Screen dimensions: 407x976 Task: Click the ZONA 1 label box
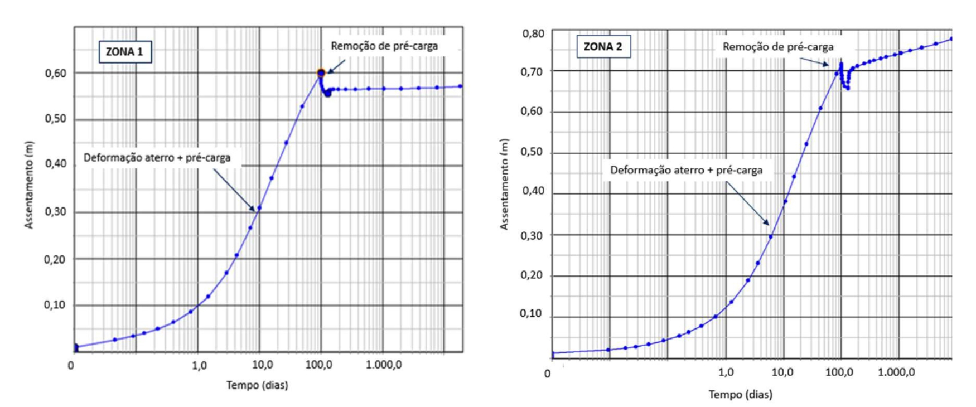tap(125, 52)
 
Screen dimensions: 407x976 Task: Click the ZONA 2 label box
tap(603, 47)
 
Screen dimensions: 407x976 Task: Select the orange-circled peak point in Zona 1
tap(321, 72)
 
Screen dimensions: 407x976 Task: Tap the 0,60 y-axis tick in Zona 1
tap(55, 73)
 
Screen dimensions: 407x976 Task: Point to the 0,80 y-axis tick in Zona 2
tap(533, 34)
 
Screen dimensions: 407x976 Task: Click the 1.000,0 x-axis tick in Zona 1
tap(384, 365)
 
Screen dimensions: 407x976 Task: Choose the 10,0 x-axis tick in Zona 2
tap(782, 372)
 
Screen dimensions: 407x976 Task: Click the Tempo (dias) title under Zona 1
tap(257, 385)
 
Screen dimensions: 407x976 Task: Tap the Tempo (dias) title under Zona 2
tap(740, 395)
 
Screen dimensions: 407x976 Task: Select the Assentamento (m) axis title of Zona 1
tap(29, 185)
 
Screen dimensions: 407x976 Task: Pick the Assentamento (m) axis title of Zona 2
tap(504, 184)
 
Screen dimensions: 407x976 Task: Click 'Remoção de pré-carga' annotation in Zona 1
tap(384, 46)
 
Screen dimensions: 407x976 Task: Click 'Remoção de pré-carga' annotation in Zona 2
tap(778, 47)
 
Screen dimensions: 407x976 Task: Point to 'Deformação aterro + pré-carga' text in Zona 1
tap(157, 158)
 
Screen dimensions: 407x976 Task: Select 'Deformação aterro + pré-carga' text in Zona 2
tap(686, 170)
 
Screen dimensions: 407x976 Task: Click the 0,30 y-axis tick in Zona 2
tap(532, 235)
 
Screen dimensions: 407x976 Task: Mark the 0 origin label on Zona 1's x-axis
tap(71, 366)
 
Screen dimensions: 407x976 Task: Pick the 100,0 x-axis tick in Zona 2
tap(839, 372)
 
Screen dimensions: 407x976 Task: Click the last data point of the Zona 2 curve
tap(951, 39)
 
